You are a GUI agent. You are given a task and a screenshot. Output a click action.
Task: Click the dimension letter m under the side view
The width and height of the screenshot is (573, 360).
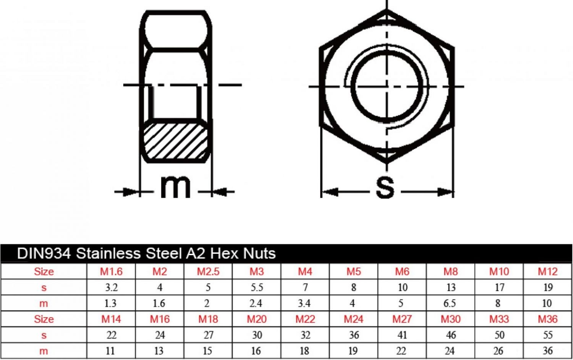coord(175,187)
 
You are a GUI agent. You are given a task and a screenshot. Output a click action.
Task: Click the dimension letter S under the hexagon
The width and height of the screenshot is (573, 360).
coord(385,188)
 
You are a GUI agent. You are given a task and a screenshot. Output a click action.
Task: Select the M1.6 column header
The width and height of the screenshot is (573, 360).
coord(111,271)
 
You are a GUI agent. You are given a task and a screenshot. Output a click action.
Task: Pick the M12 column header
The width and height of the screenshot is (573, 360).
coord(548,271)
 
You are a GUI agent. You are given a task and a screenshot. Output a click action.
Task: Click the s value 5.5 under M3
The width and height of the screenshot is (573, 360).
coord(257,287)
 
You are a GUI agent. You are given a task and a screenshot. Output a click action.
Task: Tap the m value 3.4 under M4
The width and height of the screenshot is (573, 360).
coord(304,303)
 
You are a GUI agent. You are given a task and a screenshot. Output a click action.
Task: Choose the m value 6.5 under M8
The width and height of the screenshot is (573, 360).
coord(450,303)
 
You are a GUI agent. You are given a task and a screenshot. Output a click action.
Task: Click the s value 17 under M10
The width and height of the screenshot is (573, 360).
coord(500,287)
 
